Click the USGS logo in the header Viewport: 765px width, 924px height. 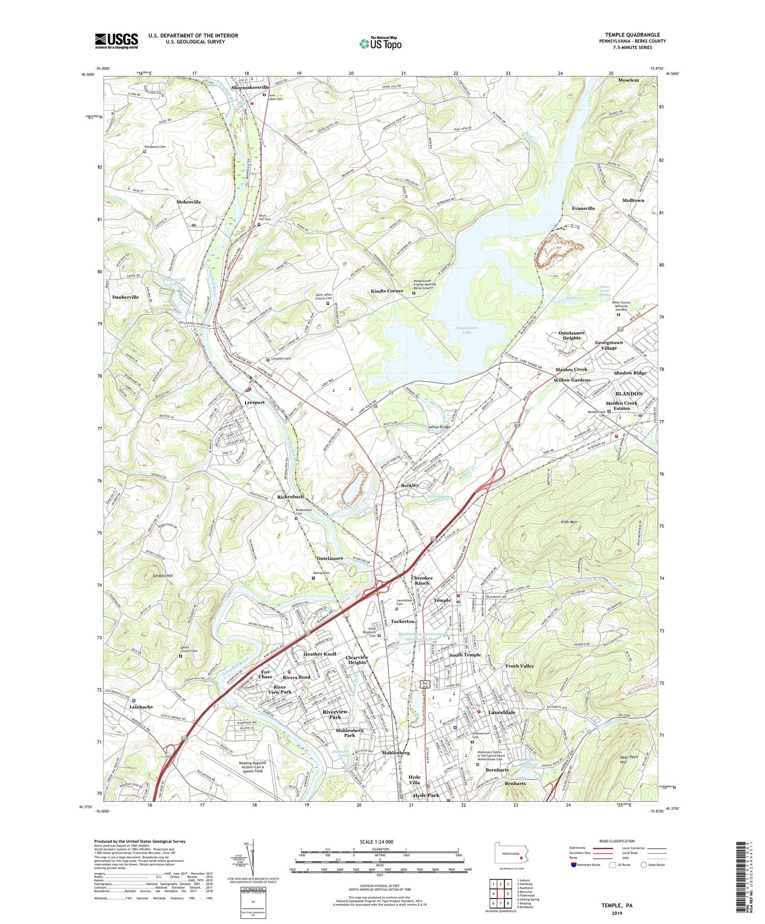[116, 41]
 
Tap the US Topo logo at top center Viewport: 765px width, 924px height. [380, 43]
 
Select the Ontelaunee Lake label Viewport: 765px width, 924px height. [466, 330]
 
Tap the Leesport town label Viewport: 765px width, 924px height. [254, 402]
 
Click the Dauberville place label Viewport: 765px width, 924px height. [125, 297]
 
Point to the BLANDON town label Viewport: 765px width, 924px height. [628, 394]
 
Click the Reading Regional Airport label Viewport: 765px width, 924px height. [252, 767]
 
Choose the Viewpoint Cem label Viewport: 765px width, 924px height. [155, 147]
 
